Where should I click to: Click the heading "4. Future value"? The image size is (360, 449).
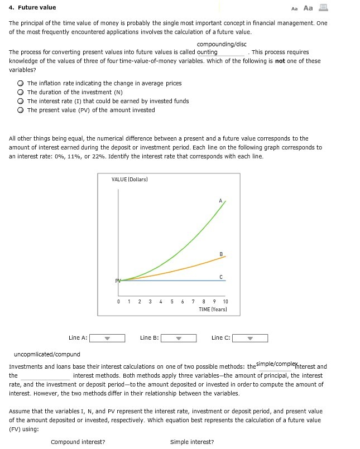(x=32, y=7)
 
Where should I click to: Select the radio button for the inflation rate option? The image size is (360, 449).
(x=21, y=84)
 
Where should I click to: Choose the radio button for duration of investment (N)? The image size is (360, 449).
(x=21, y=93)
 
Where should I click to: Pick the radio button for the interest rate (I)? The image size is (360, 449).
(x=21, y=102)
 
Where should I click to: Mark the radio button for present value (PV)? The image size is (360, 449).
(x=21, y=110)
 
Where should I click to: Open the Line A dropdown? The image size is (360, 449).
(x=107, y=338)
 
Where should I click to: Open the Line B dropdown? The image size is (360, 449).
(x=179, y=338)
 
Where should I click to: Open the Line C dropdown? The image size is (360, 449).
(x=250, y=338)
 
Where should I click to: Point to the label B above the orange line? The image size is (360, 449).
(x=222, y=254)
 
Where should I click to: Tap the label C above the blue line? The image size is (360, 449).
(x=222, y=276)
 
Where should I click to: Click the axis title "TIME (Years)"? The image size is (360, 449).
(x=213, y=308)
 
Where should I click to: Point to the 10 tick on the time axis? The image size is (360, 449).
(x=225, y=302)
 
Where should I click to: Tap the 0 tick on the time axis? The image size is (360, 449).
(x=118, y=302)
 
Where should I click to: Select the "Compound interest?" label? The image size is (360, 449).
(x=78, y=442)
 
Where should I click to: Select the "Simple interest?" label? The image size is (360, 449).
(x=192, y=442)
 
